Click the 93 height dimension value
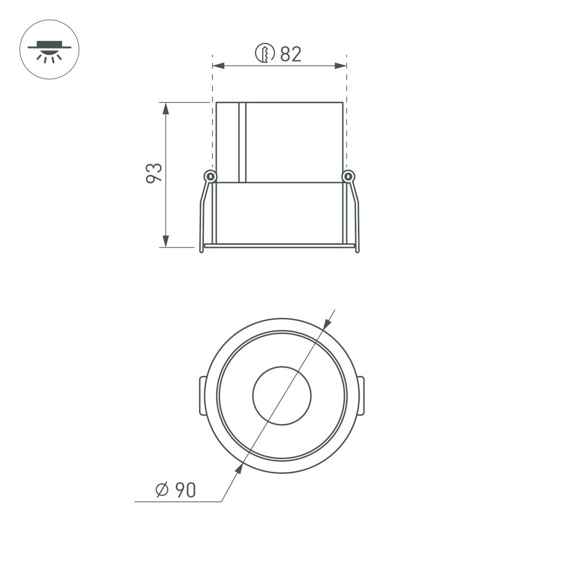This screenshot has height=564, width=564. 154,173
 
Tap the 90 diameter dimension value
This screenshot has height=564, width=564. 184,490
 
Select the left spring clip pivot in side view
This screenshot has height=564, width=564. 210,177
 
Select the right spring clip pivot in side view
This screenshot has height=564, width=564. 349,177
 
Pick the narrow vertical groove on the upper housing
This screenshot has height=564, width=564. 243,142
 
